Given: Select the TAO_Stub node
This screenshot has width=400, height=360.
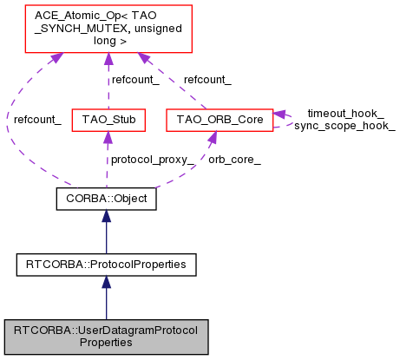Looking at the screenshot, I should pos(106,117).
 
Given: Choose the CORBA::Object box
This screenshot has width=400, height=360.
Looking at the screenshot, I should pos(106,200).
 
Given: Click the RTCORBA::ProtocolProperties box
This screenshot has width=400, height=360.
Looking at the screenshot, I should pos(106,261).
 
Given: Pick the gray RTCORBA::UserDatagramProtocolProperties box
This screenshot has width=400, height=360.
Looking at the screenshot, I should pos(106,336).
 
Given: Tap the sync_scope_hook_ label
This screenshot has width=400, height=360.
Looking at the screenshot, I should pos(344,126).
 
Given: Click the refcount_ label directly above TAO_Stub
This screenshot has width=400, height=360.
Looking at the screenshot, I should pos(132,79).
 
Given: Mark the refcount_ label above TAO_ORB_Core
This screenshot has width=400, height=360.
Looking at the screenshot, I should pos(207,79).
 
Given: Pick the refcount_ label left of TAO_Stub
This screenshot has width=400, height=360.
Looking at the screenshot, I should pos(36,118).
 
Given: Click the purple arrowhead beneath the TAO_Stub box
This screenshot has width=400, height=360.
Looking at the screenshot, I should pos(106,134).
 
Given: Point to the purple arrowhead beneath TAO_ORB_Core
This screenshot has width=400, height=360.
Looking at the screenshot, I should pos(211,134).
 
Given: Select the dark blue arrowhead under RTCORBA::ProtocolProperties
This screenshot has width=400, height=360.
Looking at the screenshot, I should pos(106,280).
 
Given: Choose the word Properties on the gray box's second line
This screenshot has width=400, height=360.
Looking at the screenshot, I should pos(106,343).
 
